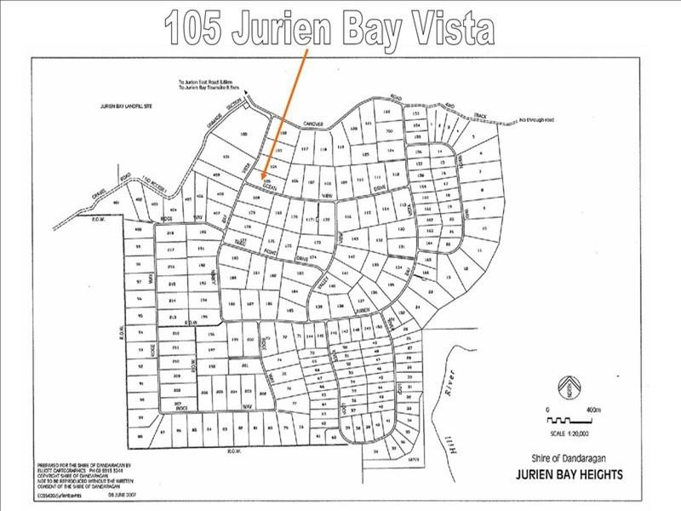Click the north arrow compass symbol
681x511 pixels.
click(x=571, y=388)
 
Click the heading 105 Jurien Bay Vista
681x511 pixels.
click(x=329, y=28)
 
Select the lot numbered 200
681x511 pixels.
click(x=249, y=339)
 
